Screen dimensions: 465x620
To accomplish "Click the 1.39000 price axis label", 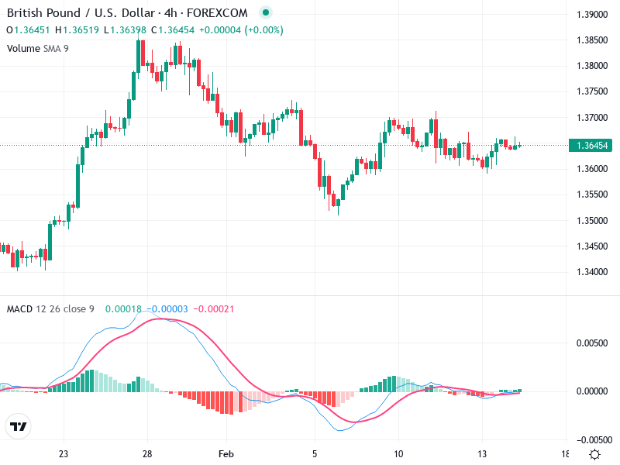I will click(x=594, y=15).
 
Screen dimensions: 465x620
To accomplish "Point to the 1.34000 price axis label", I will click(x=594, y=272).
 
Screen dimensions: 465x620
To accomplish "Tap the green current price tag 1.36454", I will click(x=593, y=145).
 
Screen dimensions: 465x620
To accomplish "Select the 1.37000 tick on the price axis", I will click(x=594, y=118).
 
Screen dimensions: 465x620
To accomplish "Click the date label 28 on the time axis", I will click(x=146, y=454).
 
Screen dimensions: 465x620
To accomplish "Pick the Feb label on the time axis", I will click(x=226, y=454).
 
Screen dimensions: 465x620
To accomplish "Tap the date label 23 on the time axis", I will click(x=64, y=454).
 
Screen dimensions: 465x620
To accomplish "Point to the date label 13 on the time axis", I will click(x=482, y=454).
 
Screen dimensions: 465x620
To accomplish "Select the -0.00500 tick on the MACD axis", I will click(x=593, y=439).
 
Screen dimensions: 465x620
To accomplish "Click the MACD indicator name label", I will click(x=20, y=309).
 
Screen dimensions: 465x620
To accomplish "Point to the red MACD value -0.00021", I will click(x=214, y=309).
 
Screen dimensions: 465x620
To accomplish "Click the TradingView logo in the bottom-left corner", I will click(x=18, y=426).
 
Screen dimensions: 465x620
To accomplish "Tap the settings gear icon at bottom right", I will click(x=594, y=454).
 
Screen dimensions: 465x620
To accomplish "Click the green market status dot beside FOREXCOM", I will click(x=266, y=13).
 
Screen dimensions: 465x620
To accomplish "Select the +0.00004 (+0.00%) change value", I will click(x=241, y=30).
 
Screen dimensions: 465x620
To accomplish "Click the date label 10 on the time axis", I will click(x=398, y=454).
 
